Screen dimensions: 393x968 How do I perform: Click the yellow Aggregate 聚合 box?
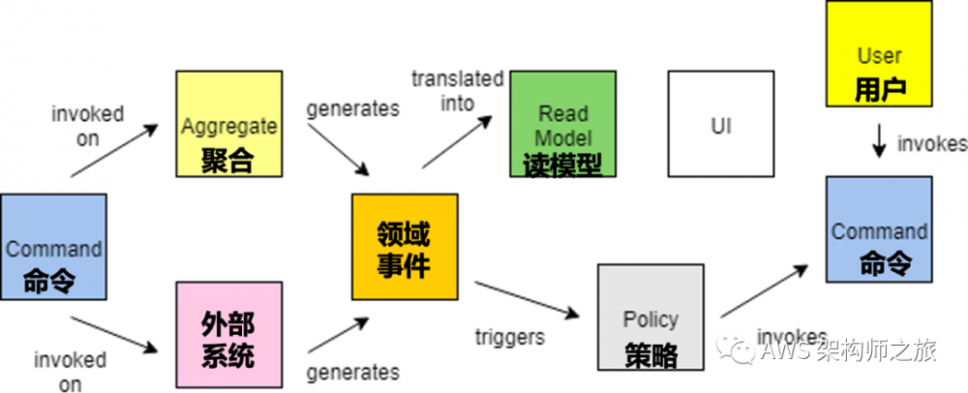(228, 124)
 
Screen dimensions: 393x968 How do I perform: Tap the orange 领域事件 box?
(405, 247)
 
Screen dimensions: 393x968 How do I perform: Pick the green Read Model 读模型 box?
(562, 124)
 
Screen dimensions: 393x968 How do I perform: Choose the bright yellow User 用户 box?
(879, 54)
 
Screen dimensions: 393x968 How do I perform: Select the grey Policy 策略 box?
(650, 317)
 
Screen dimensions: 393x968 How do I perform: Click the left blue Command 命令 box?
(54, 246)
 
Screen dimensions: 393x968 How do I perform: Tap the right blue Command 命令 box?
(879, 228)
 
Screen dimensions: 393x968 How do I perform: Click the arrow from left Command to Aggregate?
(114, 152)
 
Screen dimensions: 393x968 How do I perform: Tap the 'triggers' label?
(510, 337)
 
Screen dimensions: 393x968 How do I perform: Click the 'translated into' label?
(457, 88)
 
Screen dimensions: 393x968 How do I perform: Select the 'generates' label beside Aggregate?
(352, 108)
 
